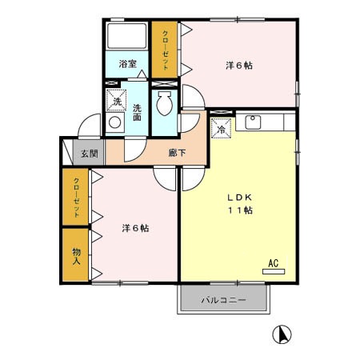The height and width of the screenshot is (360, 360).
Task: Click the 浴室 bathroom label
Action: click(127, 65)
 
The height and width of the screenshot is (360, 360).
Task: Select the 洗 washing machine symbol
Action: click(117, 101)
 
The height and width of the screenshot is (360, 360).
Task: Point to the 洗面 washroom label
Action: click(138, 113)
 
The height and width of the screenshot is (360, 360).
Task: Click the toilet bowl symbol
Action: click(166, 103)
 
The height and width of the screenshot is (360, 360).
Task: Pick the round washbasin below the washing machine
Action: click(114, 123)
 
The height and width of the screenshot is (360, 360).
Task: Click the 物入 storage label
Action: click(77, 255)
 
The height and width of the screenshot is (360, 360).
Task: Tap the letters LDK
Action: click(238, 197)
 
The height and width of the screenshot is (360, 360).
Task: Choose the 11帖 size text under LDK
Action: click(238, 210)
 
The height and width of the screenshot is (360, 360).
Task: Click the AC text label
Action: click(272, 262)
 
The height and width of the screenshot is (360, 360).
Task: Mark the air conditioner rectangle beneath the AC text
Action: click(272, 272)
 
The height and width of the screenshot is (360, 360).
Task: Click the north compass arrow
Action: click(282, 334)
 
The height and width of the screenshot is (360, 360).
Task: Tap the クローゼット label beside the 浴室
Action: click(165, 50)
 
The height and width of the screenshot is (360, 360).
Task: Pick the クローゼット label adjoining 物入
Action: click(77, 197)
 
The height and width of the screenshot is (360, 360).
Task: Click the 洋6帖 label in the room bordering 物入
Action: click(135, 228)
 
